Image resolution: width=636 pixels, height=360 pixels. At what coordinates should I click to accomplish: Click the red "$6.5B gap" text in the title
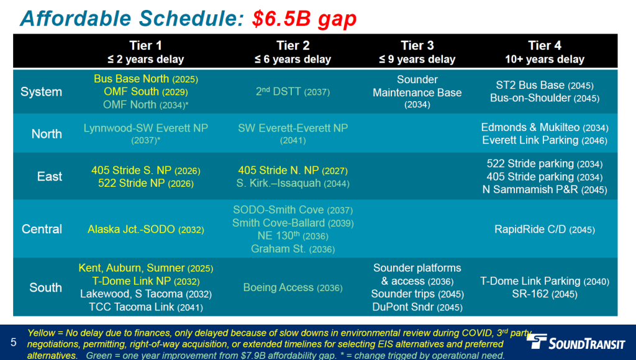304,19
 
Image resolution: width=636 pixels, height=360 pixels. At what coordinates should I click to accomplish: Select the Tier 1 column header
145,52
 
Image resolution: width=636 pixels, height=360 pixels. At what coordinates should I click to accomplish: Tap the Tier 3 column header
417,52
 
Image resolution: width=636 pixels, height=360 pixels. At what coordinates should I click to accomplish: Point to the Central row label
42,229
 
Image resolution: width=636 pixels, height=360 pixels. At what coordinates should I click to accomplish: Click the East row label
50,176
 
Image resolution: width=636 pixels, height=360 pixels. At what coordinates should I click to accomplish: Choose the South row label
45,287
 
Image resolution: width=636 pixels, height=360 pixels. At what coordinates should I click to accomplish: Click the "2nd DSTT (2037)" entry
293,92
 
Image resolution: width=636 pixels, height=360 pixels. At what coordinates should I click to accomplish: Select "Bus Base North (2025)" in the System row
145,79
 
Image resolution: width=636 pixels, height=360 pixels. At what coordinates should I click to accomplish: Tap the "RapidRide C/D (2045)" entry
544,230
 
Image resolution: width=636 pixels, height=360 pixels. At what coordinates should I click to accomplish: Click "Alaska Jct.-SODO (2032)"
145,230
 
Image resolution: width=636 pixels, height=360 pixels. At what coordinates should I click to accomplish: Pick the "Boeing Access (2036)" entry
293,287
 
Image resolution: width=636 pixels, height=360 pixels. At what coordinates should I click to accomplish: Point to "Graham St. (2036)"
293,248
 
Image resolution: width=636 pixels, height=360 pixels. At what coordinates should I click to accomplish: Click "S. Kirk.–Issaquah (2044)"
293,183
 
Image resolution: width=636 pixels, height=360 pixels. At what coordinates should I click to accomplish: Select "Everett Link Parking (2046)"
544,140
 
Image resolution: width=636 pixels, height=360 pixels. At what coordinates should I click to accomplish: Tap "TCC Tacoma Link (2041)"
145,307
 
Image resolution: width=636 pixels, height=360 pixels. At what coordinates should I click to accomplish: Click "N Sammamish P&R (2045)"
544,189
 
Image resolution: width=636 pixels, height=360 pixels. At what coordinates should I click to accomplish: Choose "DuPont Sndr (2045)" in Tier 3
417,307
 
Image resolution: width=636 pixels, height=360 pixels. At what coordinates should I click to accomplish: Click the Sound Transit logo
575,341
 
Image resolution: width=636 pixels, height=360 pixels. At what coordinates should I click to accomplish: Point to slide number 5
14,343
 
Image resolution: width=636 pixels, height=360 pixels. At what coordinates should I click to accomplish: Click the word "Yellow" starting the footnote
41,333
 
